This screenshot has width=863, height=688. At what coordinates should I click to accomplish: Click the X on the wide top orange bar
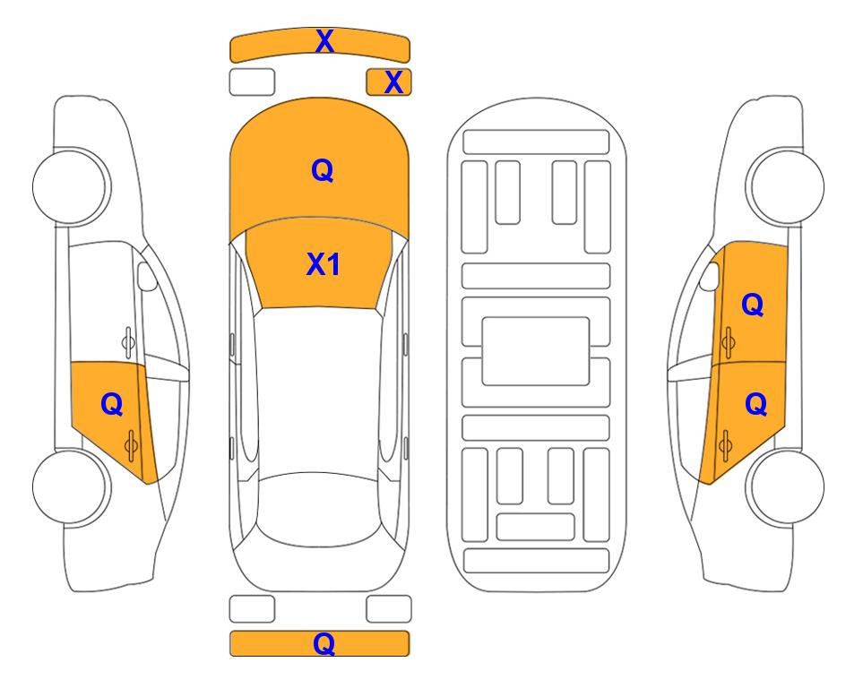(x=324, y=41)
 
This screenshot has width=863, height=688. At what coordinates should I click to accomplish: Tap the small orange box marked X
(x=393, y=82)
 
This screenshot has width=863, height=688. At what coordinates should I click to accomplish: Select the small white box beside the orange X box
(x=252, y=82)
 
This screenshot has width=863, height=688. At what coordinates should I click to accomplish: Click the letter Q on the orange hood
(x=322, y=170)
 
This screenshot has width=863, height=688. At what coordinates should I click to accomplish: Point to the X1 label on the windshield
(x=323, y=264)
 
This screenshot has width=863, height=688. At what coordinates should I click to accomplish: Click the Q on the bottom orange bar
(x=324, y=643)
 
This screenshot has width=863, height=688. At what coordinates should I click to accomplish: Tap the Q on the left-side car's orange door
(x=111, y=405)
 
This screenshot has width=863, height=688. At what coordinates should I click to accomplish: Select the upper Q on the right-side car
(x=753, y=305)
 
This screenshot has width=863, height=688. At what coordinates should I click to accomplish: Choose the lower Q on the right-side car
(x=755, y=405)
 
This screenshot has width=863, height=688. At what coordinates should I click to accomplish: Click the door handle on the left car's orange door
(x=132, y=443)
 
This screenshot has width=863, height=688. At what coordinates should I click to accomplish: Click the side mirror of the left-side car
(x=147, y=277)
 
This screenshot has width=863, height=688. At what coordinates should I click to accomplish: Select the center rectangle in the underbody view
(x=536, y=350)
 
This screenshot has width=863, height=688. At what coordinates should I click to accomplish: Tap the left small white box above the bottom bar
(x=252, y=609)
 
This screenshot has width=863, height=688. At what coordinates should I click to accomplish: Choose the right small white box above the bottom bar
(x=389, y=609)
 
